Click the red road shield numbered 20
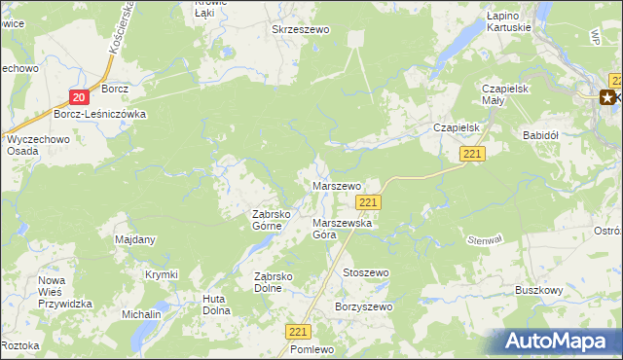(80, 95)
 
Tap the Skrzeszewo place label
(302, 30)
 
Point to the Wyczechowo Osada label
(34, 145)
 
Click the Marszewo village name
(336, 185)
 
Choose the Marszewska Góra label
(337, 228)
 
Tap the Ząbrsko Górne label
(267, 220)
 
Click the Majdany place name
(135, 239)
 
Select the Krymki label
(161, 275)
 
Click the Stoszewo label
(365, 273)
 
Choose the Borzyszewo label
(363, 307)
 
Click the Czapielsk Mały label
(505, 94)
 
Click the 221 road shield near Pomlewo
(299, 332)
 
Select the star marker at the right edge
(608, 96)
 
